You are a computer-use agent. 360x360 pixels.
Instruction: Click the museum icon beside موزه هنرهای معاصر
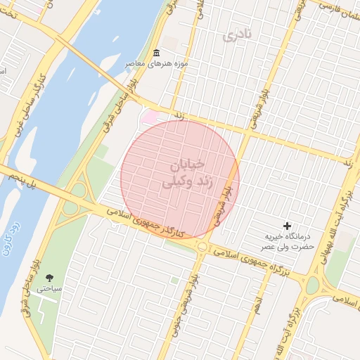pos(156,54)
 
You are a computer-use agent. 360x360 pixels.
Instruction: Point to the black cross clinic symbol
pos(287,226)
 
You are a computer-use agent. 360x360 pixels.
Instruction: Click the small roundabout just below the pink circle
pos(202,246)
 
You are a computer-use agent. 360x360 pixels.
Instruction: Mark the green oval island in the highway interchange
pos(71,208)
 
